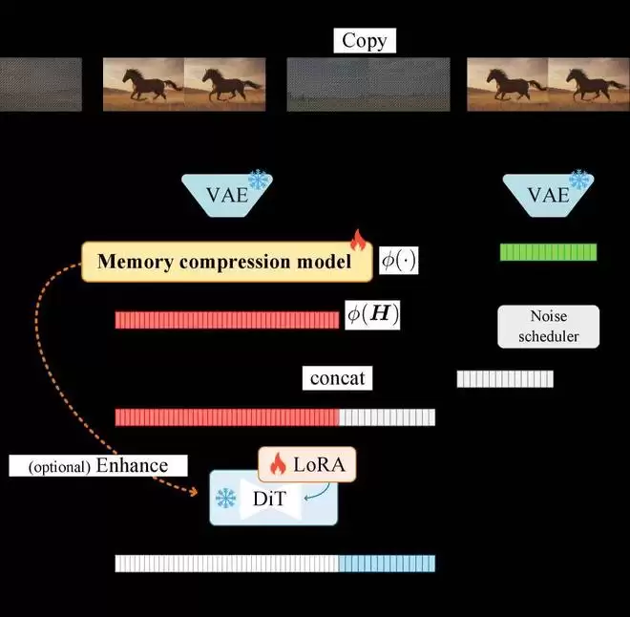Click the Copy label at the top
pyautogui.click(x=365, y=41)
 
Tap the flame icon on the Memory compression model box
pyautogui.click(x=358, y=241)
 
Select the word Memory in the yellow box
pyautogui.click(x=136, y=262)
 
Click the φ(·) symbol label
pyautogui.click(x=399, y=261)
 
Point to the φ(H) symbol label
pyautogui.click(x=372, y=315)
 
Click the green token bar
pyautogui.click(x=549, y=252)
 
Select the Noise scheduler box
pyautogui.click(x=549, y=327)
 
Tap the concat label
pyautogui.click(x=338, y=378)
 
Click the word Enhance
pyautogui.click(x=132, y=465)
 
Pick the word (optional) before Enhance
pyautogui.click(x=59, y=467)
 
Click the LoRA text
pyautogui.click(x=320, y=464)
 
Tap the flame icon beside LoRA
pyautogui.click(x=278, y=464)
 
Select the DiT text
pyautogui.click(x=269, y=499)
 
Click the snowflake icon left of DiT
pyautogui.click(x=226, y=498)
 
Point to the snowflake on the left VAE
pyautogui.click(x=259, y=180)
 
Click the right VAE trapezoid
pyautogui.click(x=549, y=196)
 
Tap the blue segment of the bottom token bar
pyautogui.click(x=387, y=564)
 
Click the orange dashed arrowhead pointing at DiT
pyautogui.click(x=194, y=492)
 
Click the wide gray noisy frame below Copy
pyautogui.click(x=368, y=84)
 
